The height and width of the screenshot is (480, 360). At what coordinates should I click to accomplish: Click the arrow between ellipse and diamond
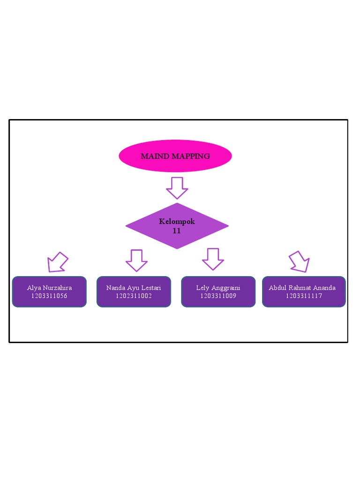tap(177, 187)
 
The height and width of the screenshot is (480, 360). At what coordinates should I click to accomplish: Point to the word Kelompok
tap(177, 222)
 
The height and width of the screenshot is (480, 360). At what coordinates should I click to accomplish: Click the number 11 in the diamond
tap(177, 231)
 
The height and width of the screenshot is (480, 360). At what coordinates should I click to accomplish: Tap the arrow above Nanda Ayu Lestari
tap(136, 260)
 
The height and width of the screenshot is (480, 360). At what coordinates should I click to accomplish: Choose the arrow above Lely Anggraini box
tap(213, 259)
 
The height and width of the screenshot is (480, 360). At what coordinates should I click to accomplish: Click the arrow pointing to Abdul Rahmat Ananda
tap(300, 262)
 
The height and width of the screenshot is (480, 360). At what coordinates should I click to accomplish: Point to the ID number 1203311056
tap(49, 296)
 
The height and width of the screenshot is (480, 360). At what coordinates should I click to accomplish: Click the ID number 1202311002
tap(134, 296)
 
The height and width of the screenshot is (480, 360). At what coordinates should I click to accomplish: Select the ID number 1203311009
tap(218, 296)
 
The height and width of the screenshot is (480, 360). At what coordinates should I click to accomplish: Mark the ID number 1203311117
tap(304, 296)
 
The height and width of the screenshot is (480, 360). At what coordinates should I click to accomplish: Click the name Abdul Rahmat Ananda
tap(302, 288)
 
